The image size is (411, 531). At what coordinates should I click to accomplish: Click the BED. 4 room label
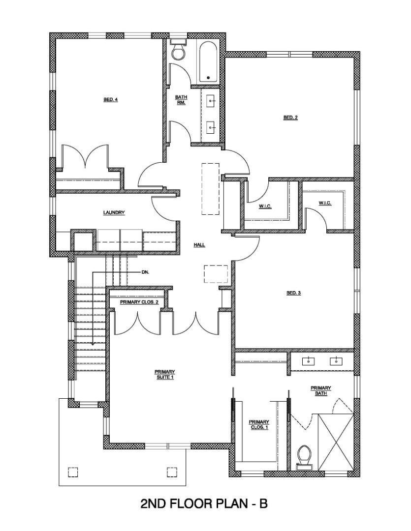[x=110, y=100]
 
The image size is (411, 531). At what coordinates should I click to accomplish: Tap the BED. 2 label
[x=290, y=118]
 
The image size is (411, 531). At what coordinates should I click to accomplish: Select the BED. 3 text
[x=293, y=293]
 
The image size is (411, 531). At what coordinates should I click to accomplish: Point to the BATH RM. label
[x=181, y=100]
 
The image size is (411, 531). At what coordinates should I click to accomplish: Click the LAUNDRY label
[x=114, y=213]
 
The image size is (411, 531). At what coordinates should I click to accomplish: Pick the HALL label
[x=199, y=244]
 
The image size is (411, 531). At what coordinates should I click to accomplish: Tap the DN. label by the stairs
[x=145, y=271]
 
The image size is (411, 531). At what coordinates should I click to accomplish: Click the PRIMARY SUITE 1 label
[x=165, y=375]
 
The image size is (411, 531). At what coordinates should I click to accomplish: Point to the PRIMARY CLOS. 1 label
[x=259, y=425]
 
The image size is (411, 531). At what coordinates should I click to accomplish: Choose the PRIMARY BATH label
[x=320, y=391]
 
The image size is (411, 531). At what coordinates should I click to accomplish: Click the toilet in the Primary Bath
[x=305, y=456]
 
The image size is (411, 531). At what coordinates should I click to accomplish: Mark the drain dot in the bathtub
[x=208, y=78]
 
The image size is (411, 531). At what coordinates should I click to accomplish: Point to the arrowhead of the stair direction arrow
[x=93, y=343]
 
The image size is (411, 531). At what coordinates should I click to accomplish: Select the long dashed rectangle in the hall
[x=210, y=188]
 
